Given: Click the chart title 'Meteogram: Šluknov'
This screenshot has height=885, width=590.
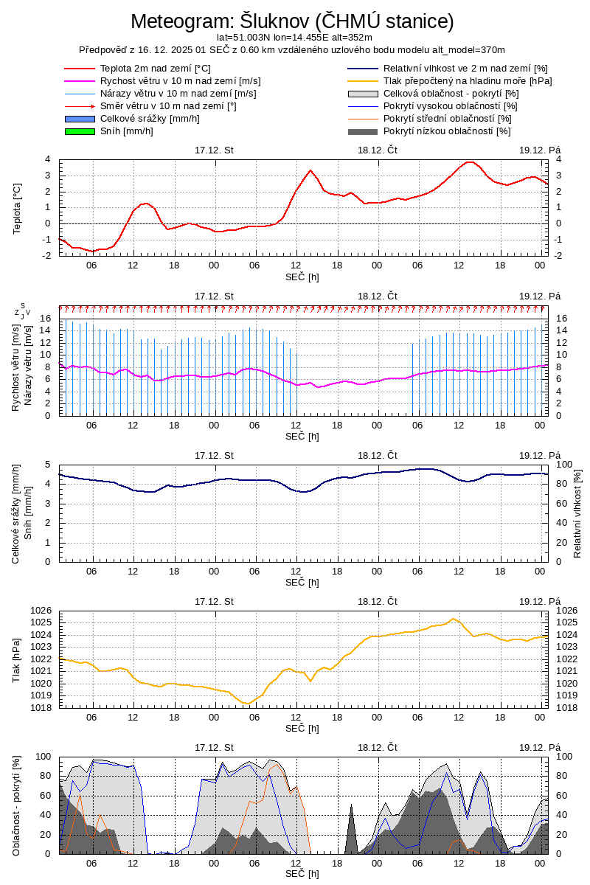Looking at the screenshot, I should tap(293, 21).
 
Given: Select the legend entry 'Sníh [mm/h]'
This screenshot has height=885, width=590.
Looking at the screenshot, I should tap(127, 131).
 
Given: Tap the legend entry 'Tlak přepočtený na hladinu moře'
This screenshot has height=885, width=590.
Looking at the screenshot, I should tap(468, 81).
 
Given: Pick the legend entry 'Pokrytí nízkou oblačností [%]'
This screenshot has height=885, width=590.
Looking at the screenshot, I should tap(447, 131).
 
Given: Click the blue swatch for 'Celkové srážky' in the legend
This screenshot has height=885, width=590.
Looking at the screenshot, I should tap(80, 119).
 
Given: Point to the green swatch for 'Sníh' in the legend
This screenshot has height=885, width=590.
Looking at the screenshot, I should tap(80, 131).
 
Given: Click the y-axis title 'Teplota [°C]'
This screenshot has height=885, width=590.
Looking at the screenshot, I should tap(17, 208).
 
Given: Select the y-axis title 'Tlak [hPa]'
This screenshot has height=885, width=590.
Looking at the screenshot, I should tap(17, 659).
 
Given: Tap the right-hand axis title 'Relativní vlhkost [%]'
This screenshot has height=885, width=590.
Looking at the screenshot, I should tap(577, 513).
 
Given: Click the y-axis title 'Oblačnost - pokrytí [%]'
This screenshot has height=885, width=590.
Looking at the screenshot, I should tap(17, 805).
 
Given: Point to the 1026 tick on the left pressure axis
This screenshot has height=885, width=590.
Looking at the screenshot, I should tap(42, 611).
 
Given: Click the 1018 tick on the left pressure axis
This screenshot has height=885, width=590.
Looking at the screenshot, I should tap(42, 708).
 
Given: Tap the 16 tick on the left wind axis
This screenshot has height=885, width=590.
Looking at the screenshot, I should tap(45, 319).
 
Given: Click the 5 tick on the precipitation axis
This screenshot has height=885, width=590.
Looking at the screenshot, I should tap(48, 465).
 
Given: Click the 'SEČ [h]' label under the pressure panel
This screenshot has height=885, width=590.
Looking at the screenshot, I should tap(302, 728).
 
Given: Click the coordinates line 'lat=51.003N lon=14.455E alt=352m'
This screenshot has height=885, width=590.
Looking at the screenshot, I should tap(294, 37).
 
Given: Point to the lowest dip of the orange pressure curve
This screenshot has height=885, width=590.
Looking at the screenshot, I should tap(249, 704).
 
